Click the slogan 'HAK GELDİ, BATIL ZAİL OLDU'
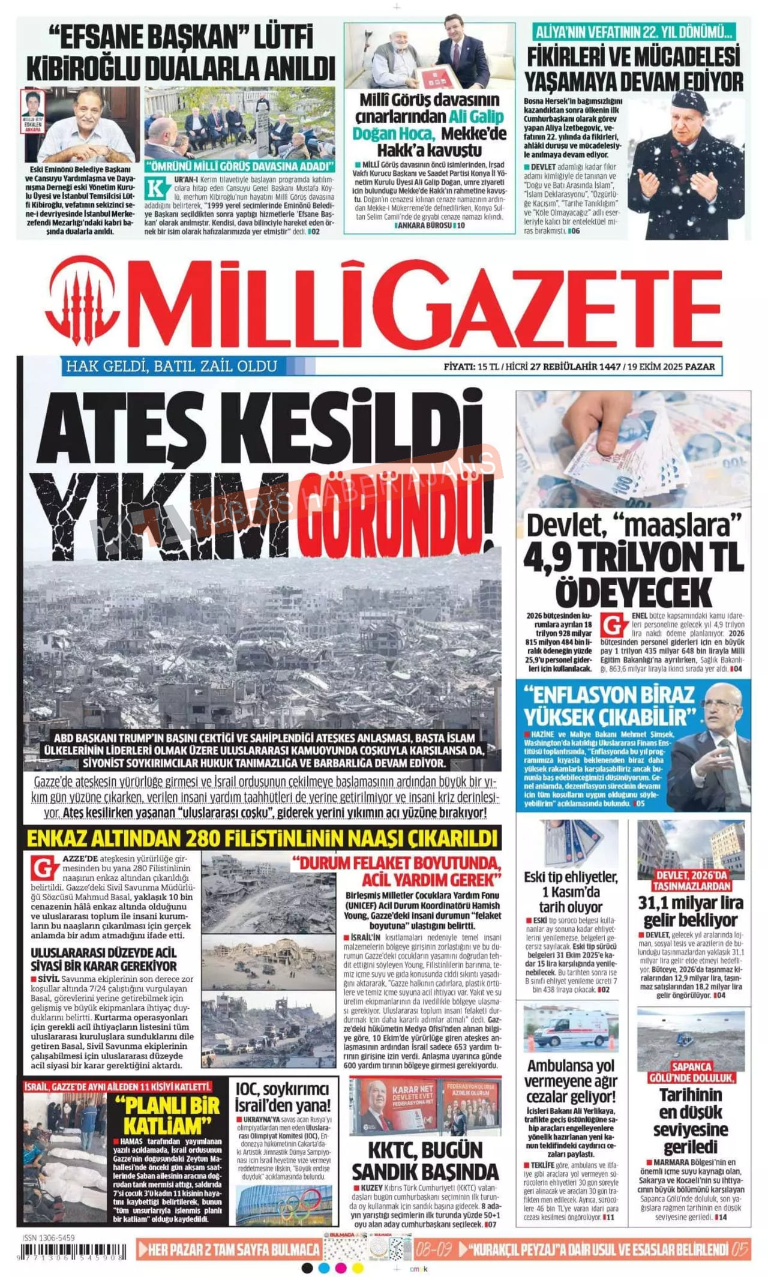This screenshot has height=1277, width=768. [172, 366]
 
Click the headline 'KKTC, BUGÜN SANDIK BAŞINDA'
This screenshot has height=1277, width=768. [425, 1161]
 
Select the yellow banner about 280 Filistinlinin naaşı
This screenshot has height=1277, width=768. [263, 837]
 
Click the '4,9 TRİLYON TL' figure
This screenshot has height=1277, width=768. [634, 557]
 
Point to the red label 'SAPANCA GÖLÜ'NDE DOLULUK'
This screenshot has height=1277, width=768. [691, 1072]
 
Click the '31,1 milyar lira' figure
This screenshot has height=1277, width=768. [691, 903]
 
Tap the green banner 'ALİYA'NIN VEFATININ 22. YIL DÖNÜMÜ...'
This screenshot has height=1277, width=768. [634, 32]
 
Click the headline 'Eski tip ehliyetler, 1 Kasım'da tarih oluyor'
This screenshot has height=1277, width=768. [570, 891]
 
